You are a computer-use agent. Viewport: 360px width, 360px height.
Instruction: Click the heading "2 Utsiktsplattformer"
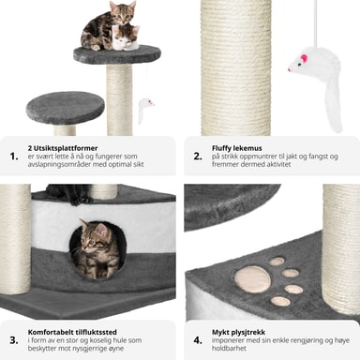tap(63, 148)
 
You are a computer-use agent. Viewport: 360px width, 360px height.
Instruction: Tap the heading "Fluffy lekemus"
tap(237, 148)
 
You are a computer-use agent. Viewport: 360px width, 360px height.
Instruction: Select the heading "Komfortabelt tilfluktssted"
tap(72, 332)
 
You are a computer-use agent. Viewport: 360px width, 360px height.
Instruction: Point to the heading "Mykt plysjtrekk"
tap(238, 332)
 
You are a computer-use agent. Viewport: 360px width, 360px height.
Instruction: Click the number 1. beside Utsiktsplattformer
tap(14, 157)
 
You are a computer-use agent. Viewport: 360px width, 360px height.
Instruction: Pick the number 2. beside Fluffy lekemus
tap(198, 157)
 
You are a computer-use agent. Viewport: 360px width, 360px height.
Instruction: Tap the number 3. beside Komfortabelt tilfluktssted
tap(14, 340)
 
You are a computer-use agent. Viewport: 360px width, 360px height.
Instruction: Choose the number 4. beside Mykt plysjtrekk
tap(198, 340)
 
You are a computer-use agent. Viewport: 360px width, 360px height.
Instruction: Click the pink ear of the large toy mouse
tap(304, 58)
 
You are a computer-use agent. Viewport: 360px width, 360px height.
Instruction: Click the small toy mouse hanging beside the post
tap(144, 110)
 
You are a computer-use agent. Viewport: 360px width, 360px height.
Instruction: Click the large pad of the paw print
tap(253, 279)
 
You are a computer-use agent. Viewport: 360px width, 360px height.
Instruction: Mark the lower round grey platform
tap(66, 108)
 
